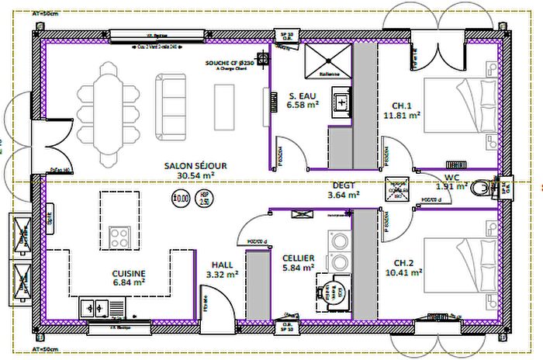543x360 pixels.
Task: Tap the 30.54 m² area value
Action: pos(195,176)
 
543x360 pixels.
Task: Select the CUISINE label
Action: pos(128,274)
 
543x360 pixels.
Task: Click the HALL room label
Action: pos(222,265)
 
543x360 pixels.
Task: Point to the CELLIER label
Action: pos(298,258)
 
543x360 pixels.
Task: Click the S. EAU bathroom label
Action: pos(302,95)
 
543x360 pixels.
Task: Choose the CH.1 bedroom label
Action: pos(402,106)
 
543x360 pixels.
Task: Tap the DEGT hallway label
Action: pos(343,185)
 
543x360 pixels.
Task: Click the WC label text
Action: pos(453,177)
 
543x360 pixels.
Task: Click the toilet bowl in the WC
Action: pos(481,186)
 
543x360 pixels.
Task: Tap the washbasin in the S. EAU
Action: pos(341,102)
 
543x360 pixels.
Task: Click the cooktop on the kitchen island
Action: pos(119,234)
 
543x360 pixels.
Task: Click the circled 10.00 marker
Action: pos(181,199)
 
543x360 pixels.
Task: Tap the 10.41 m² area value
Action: pos(403,273)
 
